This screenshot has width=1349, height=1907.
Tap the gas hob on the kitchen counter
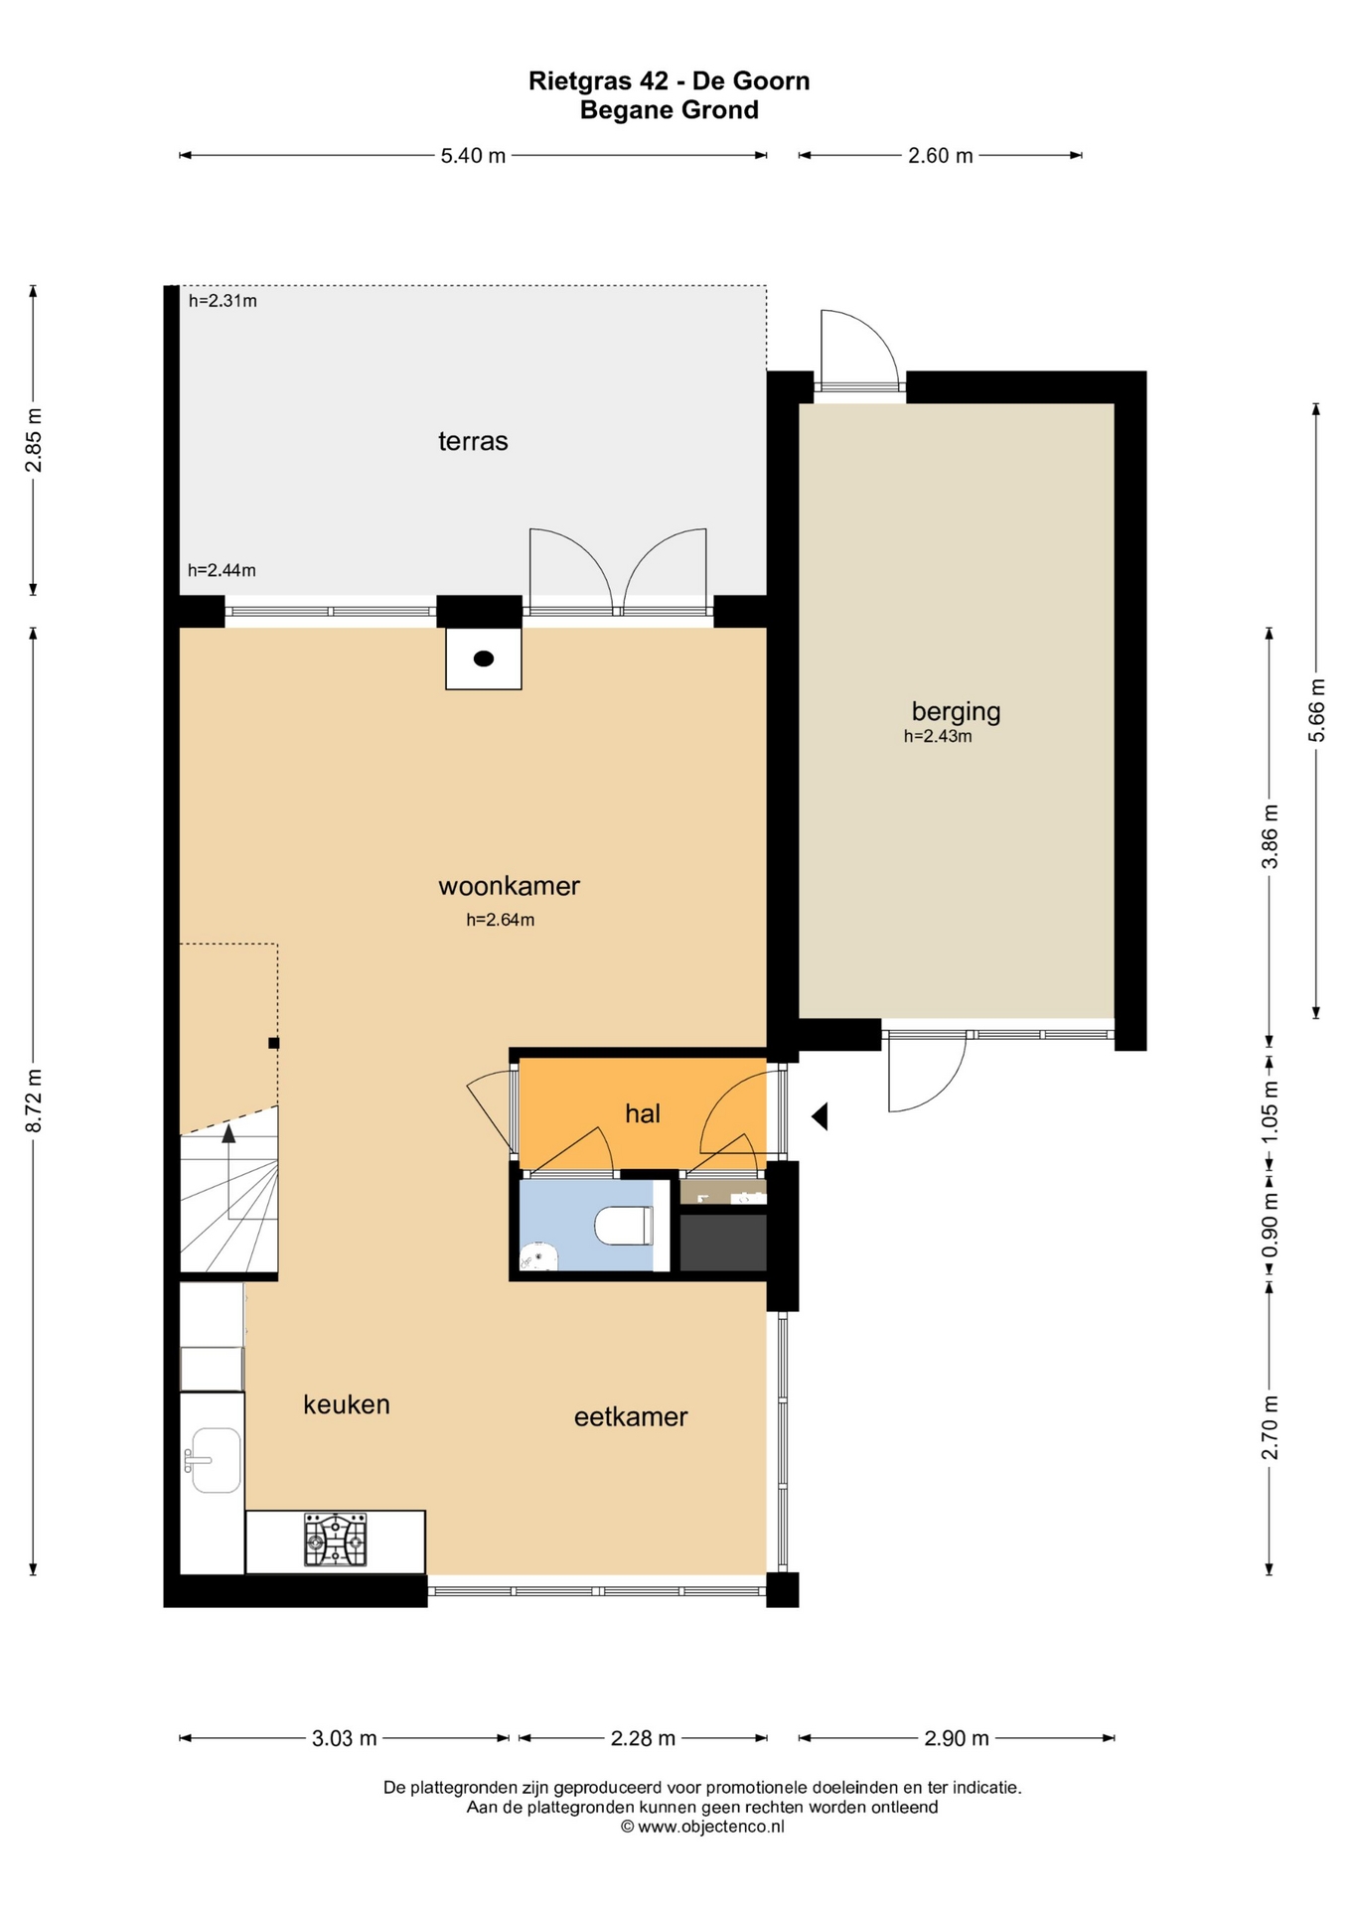[335, 1540]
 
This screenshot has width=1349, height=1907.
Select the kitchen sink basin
[216, 1459]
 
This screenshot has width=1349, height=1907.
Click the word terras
[473, 441]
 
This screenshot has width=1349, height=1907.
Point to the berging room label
[956, 711]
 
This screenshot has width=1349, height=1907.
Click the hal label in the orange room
[643, 1113]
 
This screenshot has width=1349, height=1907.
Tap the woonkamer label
[509, 886]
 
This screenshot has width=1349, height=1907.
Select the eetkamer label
[631, 1417]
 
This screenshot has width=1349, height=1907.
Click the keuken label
[347, 1404]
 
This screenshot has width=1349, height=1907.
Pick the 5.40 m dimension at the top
[473, 156]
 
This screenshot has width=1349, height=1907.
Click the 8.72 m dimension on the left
[34, 1100]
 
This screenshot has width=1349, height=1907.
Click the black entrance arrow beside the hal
[820, 1116]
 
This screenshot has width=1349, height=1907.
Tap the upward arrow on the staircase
[228, 1134]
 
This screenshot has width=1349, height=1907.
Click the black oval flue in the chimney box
[484, 659]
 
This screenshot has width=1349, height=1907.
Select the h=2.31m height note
[223, 301]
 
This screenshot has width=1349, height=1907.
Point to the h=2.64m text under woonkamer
[501, 920]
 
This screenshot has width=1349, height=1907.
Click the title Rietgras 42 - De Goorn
[669, 80]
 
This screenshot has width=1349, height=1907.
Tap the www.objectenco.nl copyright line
[702, 1827]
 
